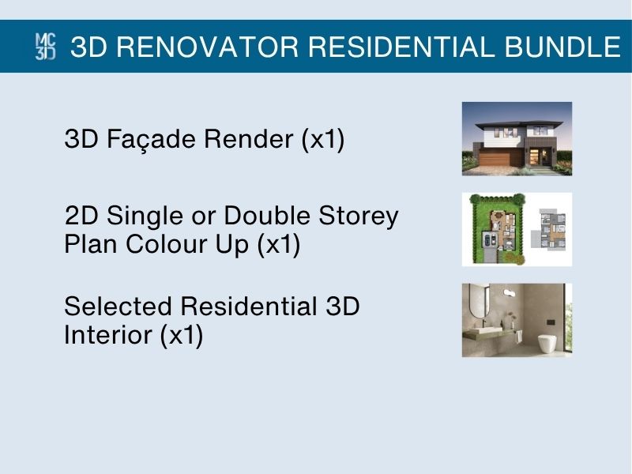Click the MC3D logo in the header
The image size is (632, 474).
[x=46, y=47]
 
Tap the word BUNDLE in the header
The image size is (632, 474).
[x=562, y=47]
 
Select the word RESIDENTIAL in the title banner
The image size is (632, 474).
[x=401, y=47]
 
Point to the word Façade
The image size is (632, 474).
[x=154, y=140]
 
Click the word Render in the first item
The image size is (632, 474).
[x=248, y=139]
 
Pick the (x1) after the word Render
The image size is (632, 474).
[x=323, y=140]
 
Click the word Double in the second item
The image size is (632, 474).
[x=267, y=215]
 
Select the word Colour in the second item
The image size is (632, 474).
[x=167, y=244]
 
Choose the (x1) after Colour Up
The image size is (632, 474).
[x=279, y=245]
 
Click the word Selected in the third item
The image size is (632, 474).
[x=118, y=306]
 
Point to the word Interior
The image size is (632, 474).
[x=108, y=334]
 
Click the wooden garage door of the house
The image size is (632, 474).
[x=500, y=160]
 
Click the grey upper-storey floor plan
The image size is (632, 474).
[x=549, y=228]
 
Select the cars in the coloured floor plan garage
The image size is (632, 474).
[x=490, y=240]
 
